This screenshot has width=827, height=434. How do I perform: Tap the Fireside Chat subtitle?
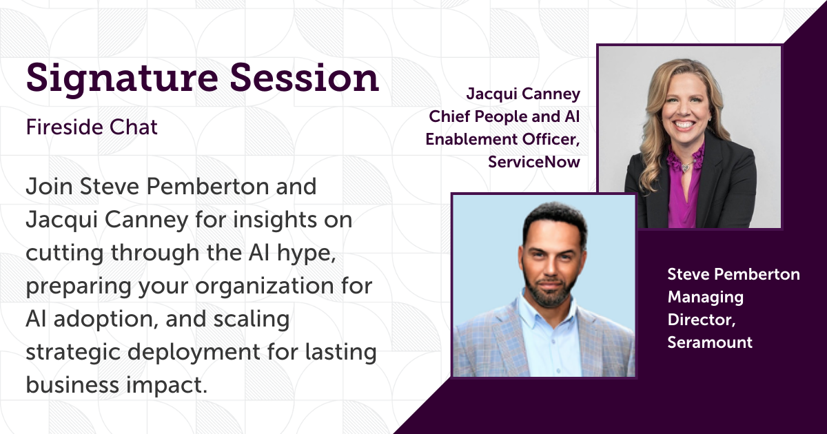click(92, 127)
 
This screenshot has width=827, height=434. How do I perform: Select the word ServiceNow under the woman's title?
click(534, 162)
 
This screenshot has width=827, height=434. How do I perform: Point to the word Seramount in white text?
click(710, 342)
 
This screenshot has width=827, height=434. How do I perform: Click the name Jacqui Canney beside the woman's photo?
click(523, 94)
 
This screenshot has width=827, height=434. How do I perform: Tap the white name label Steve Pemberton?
click(733, 274)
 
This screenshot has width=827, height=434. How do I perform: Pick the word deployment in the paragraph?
click(194, 353)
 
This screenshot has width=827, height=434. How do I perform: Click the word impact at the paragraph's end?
click(167, 385)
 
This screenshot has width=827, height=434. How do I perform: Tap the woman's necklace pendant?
click(686, 167)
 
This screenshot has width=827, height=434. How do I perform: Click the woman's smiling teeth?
click(684, 125)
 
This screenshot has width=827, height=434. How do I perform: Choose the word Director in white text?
click(702, 320)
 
